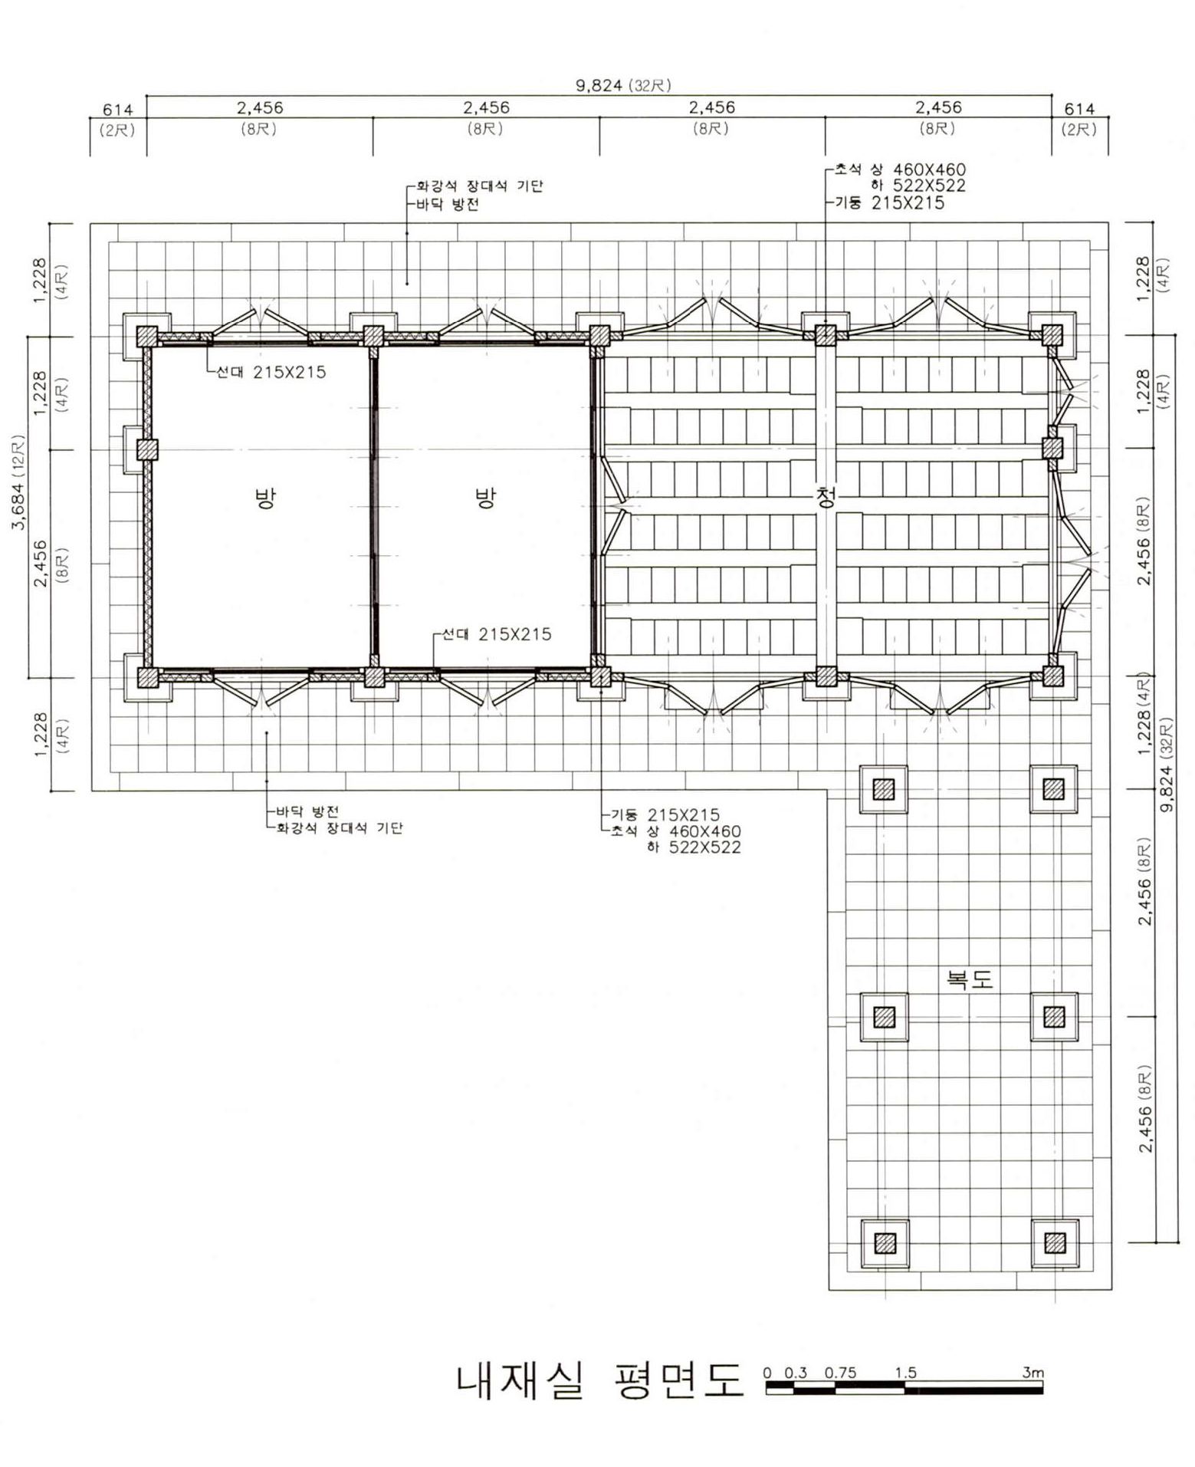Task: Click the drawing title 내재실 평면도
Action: coord(599,1380)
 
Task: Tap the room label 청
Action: coord(826,498)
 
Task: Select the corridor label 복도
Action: coord(970,979)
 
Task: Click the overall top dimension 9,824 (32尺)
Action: coord(623,85)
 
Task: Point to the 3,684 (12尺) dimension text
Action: coord(18,482)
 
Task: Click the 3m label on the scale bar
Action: coord(1032,1372)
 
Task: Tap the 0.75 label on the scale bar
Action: coord(840,1372)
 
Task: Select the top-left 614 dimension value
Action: coord(117,110)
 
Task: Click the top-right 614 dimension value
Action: coord(1079,109)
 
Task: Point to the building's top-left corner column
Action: coord(147,336)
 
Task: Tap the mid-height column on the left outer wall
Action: coord(147,449)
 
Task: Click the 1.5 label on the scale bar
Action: coord(906,1372)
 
